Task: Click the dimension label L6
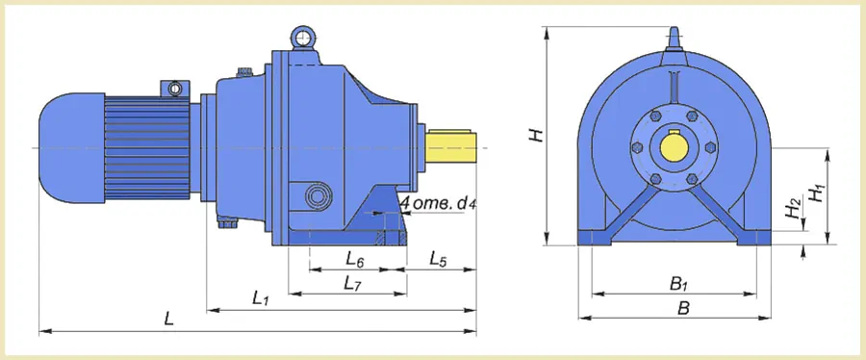click(354, 259)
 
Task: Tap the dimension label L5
click(438, 259)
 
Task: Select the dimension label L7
click(352, 284)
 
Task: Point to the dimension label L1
click(260, 298)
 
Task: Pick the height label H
click(537, 136)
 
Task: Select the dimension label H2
click(794, 208)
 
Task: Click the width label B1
click(678, 284)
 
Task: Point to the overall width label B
click(684, 308)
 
